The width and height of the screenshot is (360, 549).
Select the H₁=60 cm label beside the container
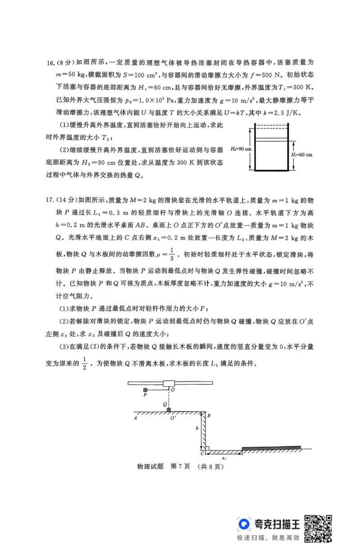click(x=302, y=154)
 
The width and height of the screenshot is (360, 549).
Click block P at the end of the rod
click(x=145, y=390)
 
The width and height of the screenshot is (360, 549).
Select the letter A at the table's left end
click(x=135, y=418)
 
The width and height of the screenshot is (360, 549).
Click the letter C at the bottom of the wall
click(x=202, y=453)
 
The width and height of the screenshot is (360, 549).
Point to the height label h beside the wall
click(x=197, y=429)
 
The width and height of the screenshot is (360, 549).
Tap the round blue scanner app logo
click(x=244, y=524)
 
